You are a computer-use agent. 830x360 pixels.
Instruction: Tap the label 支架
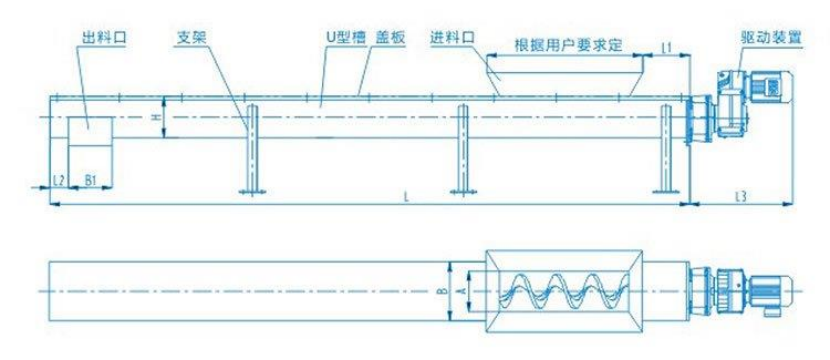[x=189, y=35]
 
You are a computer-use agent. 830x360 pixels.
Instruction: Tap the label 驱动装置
[x=762, y=35]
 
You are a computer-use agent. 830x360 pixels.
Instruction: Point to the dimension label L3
[x=741, y=196]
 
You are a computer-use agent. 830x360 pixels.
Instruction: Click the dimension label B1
[x=90, y=180]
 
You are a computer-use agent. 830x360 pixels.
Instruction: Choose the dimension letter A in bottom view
[x=461, y=286]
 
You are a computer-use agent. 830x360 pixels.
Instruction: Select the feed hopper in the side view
[x=563, y=74]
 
